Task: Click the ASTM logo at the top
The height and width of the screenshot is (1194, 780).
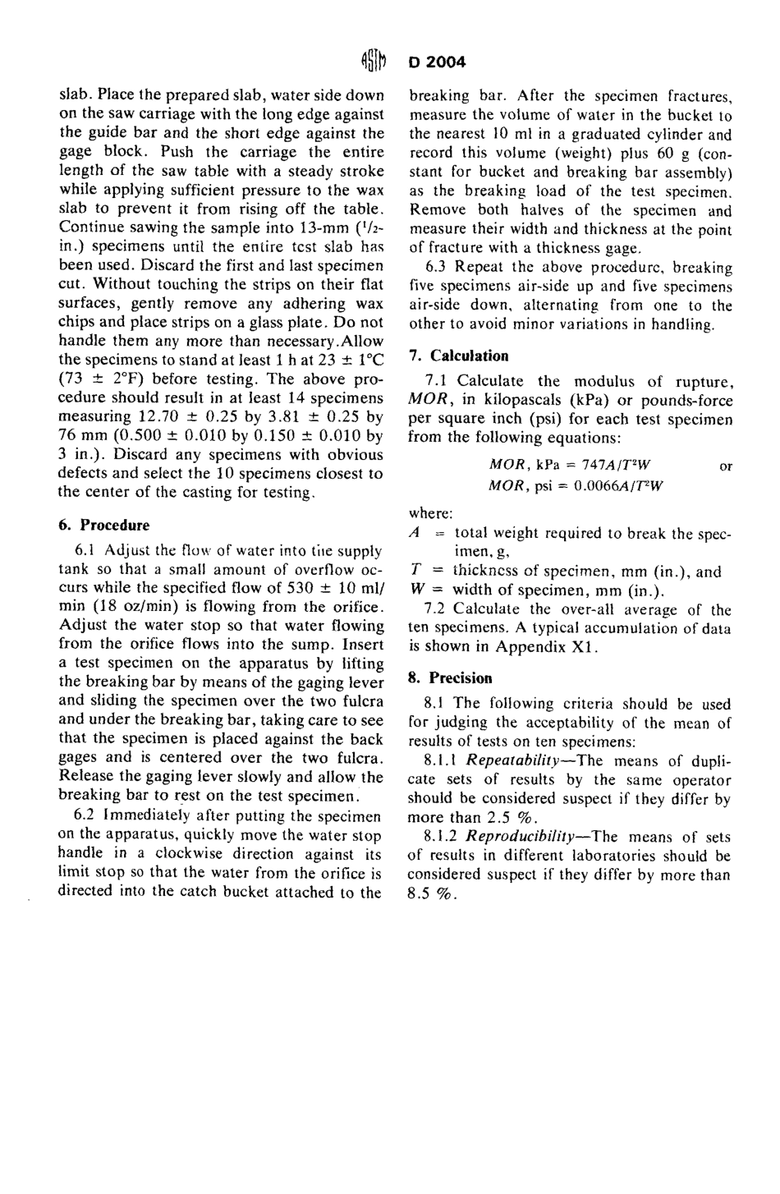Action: (373, 62)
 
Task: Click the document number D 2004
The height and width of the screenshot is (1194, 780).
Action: (436, 62)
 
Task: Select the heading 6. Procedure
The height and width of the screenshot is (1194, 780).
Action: (103, 526)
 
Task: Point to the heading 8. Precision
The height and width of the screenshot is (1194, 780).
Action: (450, 678)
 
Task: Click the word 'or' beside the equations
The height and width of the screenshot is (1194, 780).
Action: (725, 466)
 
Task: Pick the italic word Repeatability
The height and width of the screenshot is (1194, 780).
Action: (513, 760)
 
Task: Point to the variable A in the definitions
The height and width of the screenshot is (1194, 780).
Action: (413, 533)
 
